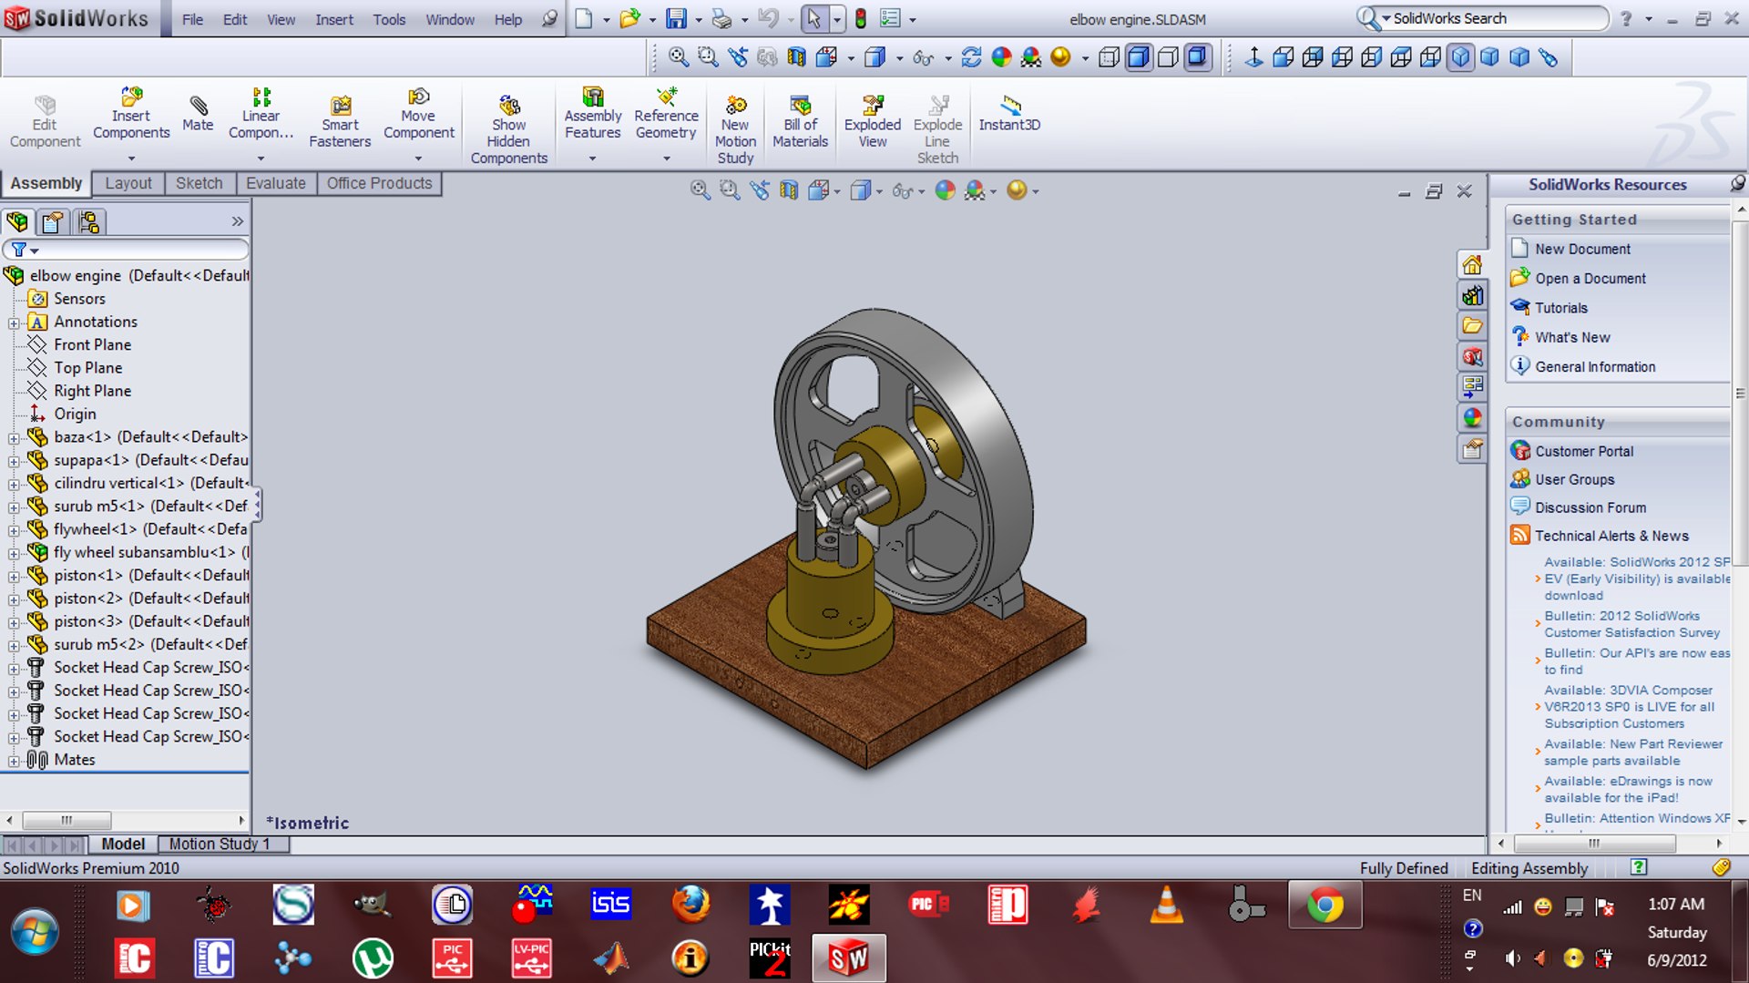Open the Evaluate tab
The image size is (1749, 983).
pos(275,183)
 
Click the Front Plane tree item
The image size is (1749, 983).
pos(92,344)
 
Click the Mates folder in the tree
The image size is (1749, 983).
pos(74,760)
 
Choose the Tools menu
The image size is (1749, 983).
pos(389,19)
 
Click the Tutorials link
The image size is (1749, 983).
pos(1560,308)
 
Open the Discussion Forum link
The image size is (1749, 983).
pos(1590,507)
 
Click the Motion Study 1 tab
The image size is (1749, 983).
pos(220,844)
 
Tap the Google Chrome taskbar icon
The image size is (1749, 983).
pos(1325,906)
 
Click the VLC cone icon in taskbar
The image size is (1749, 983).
pos(1166,906)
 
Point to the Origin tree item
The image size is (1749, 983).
pos(74,414)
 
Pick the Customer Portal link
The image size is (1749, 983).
pos(1583,451)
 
